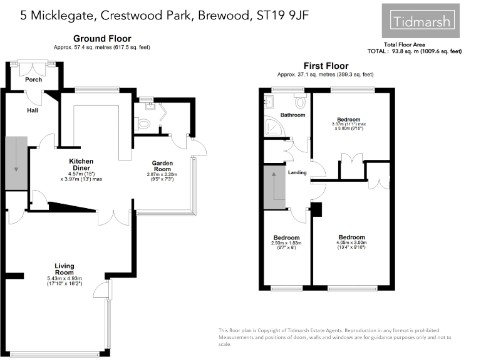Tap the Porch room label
pyautogui.click(x=33, y=80)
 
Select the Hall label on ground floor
pyautogui.click(x=33, y=110)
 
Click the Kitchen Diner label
pyautogui.click(x=81, y=165)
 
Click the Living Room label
pyautogui.click(x=64, y=269)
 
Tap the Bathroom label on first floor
pyautogui.click(x=292, y=115)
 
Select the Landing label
pyautogui.click(x=297, y=173)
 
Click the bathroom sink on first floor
pyautogui.click(x=270, y=100)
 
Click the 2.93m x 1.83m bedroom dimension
pyautogui.click(x=286, y=244)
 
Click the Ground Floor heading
pyautogui.click(x=101, y=39)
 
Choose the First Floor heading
pyautogui.click(x=326, y=66)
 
